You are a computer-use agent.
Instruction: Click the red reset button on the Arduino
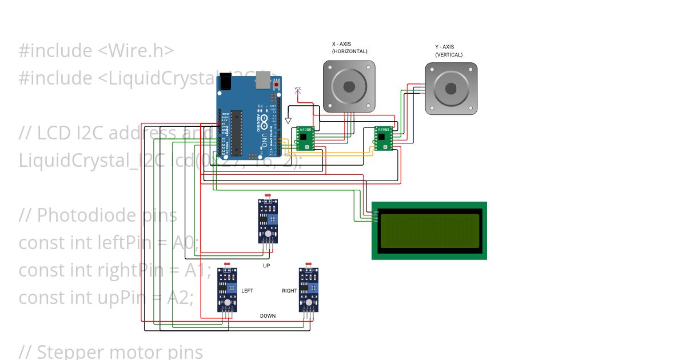click(x=277, y=85)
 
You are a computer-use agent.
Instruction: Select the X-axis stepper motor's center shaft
click(x=349, y=87)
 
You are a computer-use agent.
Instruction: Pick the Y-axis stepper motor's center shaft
click(x=451, y=89)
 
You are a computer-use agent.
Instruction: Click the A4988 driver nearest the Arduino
click(x=306, y=138)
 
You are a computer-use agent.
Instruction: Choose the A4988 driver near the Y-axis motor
click(x=383, y=138)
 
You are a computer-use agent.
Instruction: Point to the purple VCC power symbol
click(x=297, y=90)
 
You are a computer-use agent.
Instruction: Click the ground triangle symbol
click(x=289, y=121)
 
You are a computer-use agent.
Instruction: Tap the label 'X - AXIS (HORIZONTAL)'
click(x=349, y=47)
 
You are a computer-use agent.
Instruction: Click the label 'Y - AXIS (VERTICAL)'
click(x=449, y=51)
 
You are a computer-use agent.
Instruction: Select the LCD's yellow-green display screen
click(x=429, y=231)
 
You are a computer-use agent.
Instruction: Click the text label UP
click(x=266, y=266)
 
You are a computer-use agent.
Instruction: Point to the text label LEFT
click(x=247, y=291)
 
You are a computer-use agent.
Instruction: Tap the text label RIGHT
click(x=289, y=291)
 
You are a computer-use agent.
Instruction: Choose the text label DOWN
click(x=268, y=316)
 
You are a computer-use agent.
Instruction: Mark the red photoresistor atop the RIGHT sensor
click(x=309, y=265)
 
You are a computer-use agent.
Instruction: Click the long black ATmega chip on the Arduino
click(x=236, y=131)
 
